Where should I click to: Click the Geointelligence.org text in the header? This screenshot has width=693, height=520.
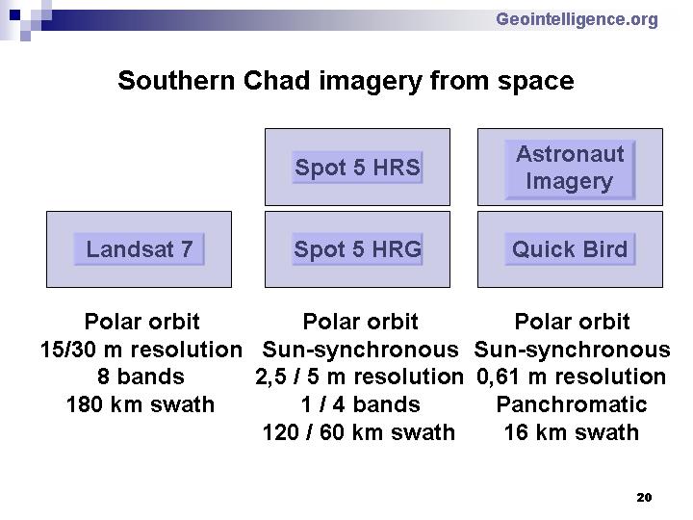coord(577,20)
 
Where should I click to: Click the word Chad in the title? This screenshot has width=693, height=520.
coord(276,81)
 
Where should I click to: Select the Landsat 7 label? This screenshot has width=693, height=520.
coord(140,249)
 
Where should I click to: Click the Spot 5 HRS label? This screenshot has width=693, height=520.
coord(357,168)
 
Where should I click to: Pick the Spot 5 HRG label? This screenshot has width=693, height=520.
coord(357,249)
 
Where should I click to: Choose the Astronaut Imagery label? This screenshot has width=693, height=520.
coord(570,168)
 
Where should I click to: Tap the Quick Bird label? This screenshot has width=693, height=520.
coord(570,249)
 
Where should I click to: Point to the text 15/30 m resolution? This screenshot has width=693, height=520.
coord(141,350)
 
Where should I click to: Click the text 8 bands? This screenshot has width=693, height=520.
coord(141,377)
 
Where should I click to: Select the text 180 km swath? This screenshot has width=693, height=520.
coord(141,404)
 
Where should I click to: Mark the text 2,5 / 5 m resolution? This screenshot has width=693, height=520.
coord(359,377)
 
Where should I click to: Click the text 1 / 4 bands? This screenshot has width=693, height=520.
coord(360,404)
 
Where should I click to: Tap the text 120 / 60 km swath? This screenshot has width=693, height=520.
coord(359,432)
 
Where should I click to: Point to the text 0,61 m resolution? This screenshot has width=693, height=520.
coord(572,377)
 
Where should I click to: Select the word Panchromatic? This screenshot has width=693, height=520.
coord(572,404)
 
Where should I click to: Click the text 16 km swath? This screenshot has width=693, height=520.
coord(572,432)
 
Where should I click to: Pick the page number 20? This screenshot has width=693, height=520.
coord(644,498)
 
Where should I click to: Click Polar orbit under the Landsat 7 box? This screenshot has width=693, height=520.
coord(141,322)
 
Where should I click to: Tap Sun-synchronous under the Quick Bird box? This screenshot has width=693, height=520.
coord(573,350)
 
